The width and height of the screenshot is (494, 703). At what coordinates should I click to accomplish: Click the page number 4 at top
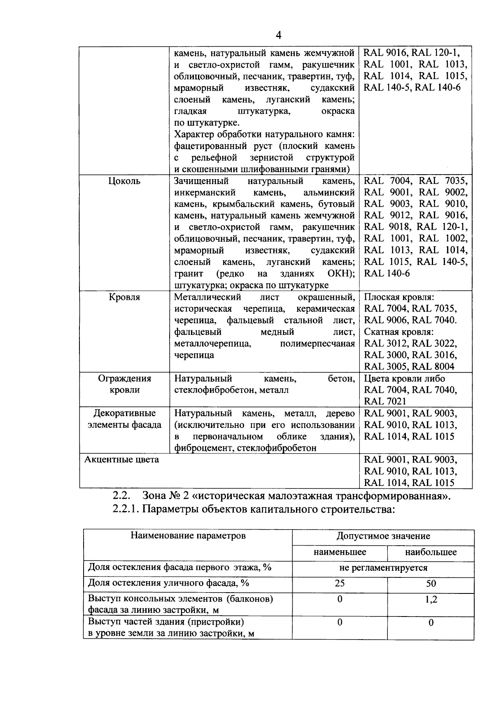278,35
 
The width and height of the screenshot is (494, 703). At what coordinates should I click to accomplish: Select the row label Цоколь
124,181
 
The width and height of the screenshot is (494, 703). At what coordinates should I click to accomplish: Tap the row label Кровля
124,297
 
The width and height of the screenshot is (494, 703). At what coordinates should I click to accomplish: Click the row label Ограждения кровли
124,384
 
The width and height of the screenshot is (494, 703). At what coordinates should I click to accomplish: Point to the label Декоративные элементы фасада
124,419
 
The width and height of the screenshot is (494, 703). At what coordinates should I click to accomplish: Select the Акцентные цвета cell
122,460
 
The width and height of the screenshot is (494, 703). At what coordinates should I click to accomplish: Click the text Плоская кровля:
399,297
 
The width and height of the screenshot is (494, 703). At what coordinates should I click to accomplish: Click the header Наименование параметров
188,535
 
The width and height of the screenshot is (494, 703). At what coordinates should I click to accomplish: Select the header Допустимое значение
383,536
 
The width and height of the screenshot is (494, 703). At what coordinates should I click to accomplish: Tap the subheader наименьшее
340,552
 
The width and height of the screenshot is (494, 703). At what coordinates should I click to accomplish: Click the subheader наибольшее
431,552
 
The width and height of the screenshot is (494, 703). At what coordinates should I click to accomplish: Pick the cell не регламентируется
383,568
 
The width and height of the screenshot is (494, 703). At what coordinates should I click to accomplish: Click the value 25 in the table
340,583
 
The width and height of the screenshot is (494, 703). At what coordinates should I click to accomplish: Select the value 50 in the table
431,583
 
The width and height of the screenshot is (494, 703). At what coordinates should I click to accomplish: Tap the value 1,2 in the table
431,599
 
